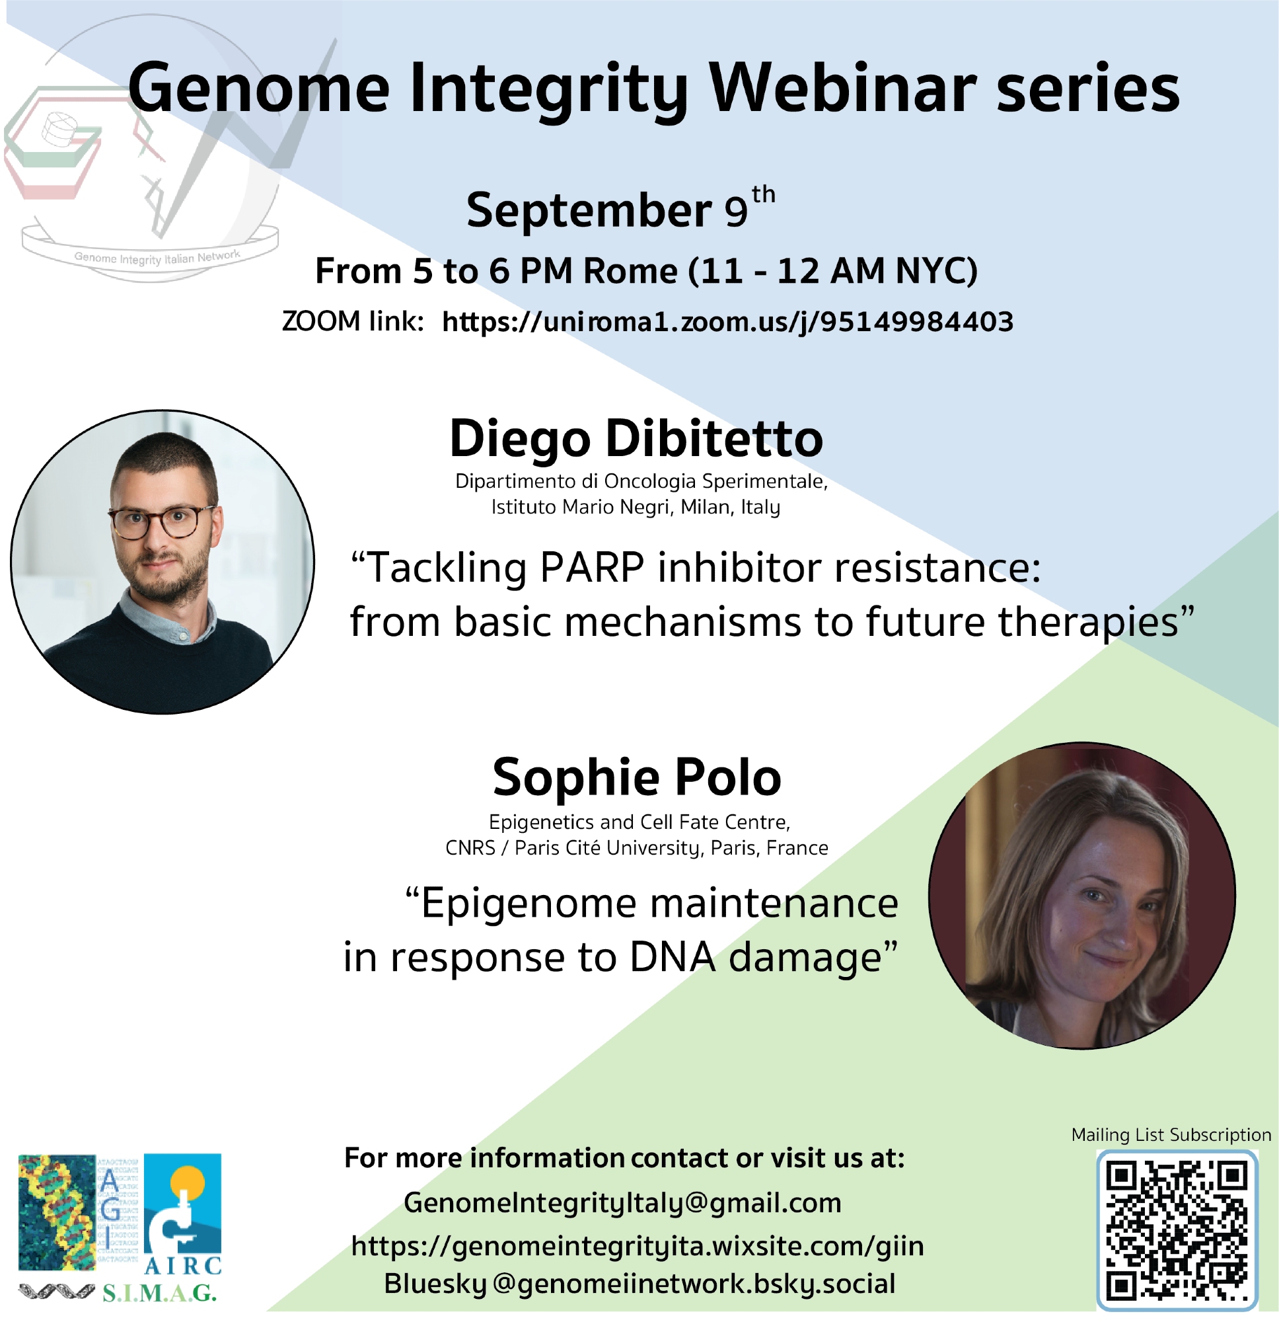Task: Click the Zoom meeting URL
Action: [x=727, y=321]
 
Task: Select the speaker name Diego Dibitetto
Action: [x=636, y=438]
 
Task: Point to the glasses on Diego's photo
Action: [x=161, y=520]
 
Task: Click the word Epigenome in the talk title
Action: [x=529, y=904]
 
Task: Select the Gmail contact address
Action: [x=622, y=1202]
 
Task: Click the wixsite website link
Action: [x=637, y=1245]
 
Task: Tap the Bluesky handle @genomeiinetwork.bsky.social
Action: [x=694, y=1284]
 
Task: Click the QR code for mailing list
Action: [x=1177, y=1229]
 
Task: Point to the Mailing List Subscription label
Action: [x=1171, y=1134]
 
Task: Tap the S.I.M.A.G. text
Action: [x=159, y=1292]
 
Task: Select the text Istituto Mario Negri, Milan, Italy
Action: [x=635, y=506]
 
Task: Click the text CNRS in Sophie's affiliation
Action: [x=470, y=847]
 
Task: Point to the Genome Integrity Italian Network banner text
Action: [x=157, y=257]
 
